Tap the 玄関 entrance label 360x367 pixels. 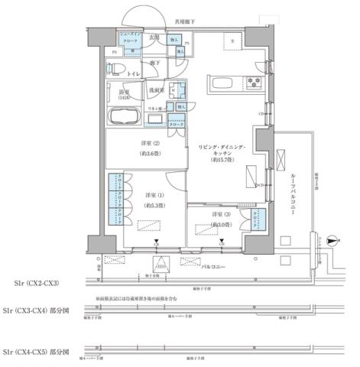154,37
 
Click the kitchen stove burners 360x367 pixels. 255,83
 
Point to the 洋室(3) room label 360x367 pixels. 223,214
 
